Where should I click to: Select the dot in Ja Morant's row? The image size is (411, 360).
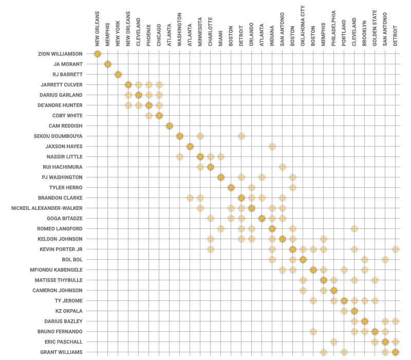(x=108, y=64)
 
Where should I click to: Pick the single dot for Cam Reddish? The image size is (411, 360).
(x=170, y=126)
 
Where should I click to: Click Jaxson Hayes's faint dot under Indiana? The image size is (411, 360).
(x=272, y=147)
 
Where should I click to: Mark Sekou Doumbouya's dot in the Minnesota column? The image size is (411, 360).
(x=200, y=136)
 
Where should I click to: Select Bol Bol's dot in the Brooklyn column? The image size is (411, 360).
(x=365, y=260)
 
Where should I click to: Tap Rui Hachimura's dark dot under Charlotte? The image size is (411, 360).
(x=211, y=167)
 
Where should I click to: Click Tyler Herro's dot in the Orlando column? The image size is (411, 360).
(x=252, y=188)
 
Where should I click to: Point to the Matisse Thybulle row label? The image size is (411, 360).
(x=60, y=280)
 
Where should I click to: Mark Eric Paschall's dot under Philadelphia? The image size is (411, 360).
(x=334, y=342)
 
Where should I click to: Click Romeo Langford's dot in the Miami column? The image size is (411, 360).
(x=221, y=229)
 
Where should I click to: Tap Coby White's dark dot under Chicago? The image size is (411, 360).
(x=159, y=116)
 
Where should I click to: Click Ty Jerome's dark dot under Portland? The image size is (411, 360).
(x=344, y=301)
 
